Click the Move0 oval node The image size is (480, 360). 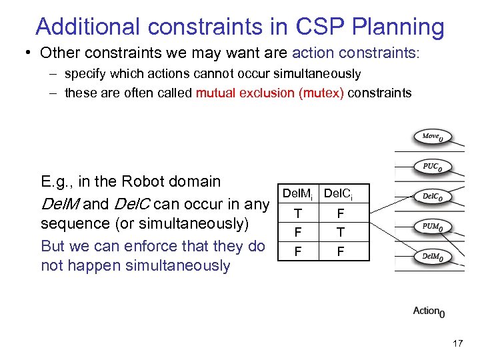point(433,137)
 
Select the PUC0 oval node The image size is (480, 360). point(433,167)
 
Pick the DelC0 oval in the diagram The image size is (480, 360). point(433,197)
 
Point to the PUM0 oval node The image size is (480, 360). point(433,227)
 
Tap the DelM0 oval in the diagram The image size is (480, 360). point(433,257)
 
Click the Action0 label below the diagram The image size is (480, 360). point(429,311)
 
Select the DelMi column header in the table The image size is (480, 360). point(297,194)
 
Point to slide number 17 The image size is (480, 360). point(457,344)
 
